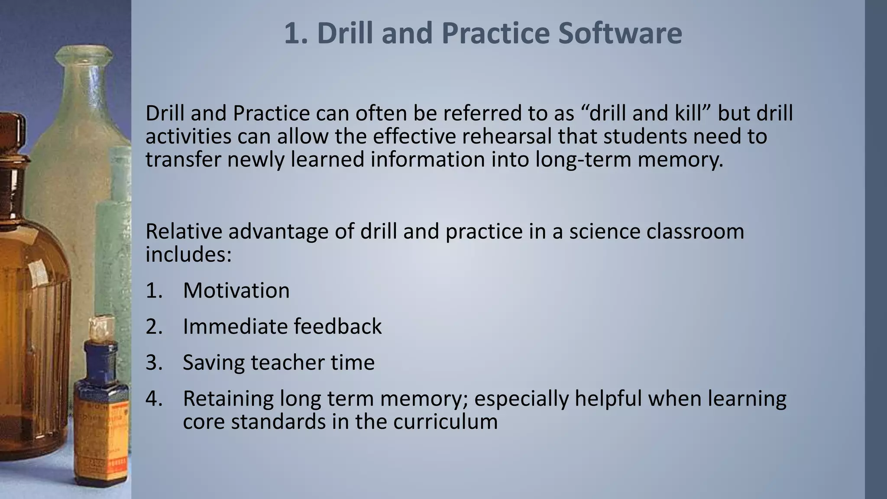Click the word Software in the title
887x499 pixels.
click(620, 33)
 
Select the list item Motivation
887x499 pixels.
click(236, 290)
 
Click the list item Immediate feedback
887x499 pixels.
click(282, 326)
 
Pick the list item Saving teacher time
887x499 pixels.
click(278, 362)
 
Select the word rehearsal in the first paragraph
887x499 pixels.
click(507, 136)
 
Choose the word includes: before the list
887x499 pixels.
click(188, 254)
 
